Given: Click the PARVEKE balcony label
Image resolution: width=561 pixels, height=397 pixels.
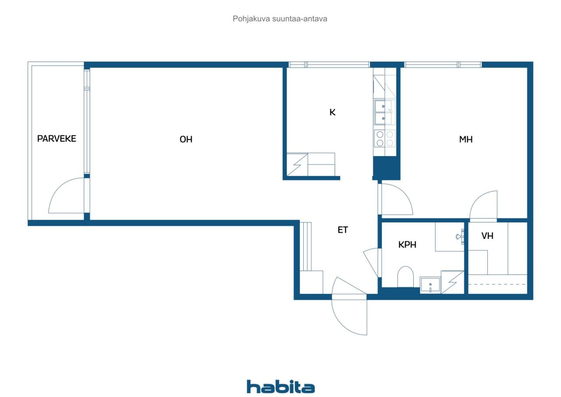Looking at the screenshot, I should [x=57, y=139].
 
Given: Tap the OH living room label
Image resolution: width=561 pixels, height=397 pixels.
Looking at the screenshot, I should [x=186, y=139].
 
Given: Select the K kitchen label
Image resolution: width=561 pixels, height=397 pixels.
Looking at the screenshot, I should [x=332, y=112].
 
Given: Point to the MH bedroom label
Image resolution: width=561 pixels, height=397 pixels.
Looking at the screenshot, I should [x=465, y=139].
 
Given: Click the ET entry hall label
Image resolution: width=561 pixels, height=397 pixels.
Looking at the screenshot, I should [x=343, y=230].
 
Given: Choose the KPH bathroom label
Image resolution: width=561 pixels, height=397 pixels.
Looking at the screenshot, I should [x=407, y=245].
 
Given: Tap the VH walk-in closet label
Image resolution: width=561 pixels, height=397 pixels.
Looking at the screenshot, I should [x=487, y=236].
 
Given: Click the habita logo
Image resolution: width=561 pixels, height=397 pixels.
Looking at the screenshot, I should [x=280, y=387].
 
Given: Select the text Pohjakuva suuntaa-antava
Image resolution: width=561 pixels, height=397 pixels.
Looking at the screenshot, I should [x=280, y=19].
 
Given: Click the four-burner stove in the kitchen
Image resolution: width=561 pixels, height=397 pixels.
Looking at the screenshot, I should [x=384, y=138].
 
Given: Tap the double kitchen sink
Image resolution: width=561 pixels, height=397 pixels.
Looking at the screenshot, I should [x=384, y=112].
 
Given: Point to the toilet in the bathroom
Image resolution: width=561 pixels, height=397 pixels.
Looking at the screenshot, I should [x=405, y=277].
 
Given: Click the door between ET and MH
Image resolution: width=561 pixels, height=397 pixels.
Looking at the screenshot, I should [x=396, y=199].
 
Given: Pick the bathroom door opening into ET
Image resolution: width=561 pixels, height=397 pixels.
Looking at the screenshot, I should [x=371, y=262].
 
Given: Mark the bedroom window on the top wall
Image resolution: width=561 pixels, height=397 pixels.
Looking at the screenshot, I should [x=443, y=65].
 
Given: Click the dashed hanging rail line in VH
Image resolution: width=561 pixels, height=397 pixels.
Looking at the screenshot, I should [x=497, y=284].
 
